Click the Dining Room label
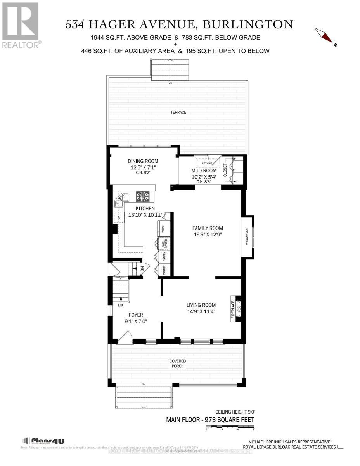click(143, 161)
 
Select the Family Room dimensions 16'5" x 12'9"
click(208, 235)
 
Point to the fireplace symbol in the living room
click(239, 309)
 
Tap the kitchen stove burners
click(142, 197)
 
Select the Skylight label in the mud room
click(202, 163)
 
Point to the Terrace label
click(178, 112)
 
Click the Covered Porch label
click(178, 363)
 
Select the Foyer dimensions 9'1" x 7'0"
click(136, 321)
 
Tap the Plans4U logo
click(43, 441)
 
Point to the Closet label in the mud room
click(225, 170)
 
